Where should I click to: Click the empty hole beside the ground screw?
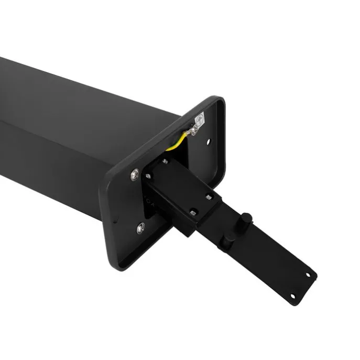point(209,141)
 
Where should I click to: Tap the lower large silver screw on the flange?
point(140,228)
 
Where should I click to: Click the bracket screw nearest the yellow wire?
point(166,161)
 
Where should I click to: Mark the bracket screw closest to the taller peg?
point(209,197)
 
